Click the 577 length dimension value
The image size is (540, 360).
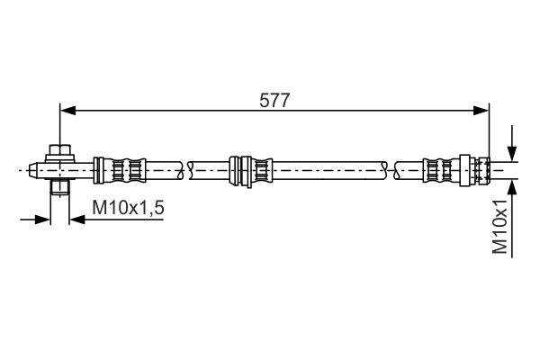pos(274,101)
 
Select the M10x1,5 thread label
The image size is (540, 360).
pos(128,208)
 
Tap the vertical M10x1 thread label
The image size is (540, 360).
pos(500,226)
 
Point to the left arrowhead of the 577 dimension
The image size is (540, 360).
pos(67,111)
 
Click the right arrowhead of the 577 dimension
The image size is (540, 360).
pos(481,111)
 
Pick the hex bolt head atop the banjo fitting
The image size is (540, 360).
pos(60,150)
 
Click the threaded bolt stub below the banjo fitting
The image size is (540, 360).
pos(60,186)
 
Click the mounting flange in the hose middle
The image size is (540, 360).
pos(240,171)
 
